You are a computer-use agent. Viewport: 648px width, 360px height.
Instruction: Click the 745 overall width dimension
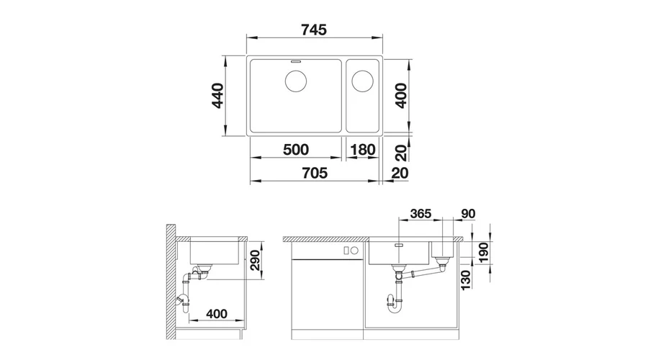pos(314,30)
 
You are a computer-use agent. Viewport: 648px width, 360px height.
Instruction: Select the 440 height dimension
pos(217,96)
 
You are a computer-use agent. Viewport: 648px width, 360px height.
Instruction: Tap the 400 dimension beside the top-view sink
pos(401,96)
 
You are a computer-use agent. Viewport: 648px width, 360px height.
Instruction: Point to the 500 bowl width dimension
pos(296,149)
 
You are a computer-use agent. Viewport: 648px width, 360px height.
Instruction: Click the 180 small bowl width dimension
pos(363,149)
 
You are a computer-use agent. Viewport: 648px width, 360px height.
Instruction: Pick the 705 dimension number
pos(315,173)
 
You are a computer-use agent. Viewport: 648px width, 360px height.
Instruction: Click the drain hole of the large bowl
pos(296,81)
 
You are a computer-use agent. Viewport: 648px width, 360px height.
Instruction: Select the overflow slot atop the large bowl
pos(296,61)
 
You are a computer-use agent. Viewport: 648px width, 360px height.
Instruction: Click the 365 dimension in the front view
pos(420,213)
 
